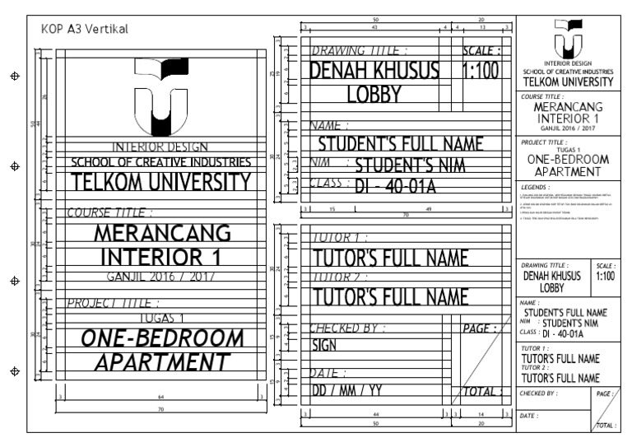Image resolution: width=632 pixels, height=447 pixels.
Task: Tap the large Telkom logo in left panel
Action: click(161, 96)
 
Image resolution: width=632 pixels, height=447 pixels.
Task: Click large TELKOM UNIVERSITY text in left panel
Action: click(161, 182)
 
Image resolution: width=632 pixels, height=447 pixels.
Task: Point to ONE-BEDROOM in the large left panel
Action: click(161, 338)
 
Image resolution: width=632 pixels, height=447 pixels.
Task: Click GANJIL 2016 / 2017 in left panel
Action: click(161, 277)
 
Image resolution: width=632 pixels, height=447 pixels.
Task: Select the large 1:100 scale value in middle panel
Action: click(481, 72)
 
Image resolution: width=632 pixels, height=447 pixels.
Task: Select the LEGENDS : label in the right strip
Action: click(537, 189)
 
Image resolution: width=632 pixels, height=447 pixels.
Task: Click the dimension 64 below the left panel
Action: click(160, 398)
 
